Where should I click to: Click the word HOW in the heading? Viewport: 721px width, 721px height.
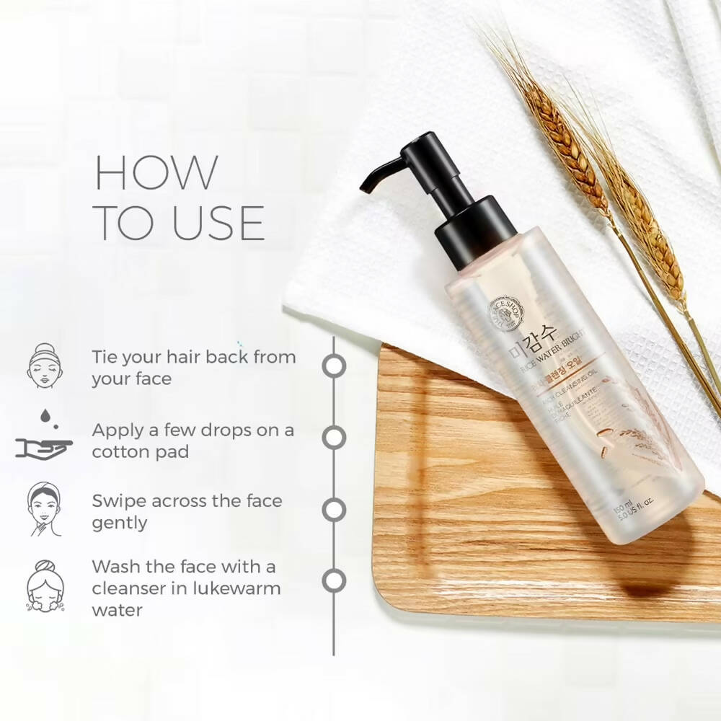[156, 173]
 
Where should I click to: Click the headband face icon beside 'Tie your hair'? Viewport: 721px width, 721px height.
[45, 366]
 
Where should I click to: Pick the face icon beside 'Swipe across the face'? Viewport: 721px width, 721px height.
[45, 509]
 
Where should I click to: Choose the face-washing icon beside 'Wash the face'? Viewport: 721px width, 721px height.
[45, 585]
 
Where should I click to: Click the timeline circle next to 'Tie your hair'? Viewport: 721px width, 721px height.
[334, 366]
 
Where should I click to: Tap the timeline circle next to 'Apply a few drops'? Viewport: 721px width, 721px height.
[334, 438]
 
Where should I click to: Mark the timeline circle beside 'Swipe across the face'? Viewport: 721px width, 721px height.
[334, 509]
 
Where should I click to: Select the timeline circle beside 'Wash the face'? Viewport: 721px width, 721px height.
[334, 580]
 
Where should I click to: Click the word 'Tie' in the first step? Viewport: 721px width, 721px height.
[105, 357]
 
